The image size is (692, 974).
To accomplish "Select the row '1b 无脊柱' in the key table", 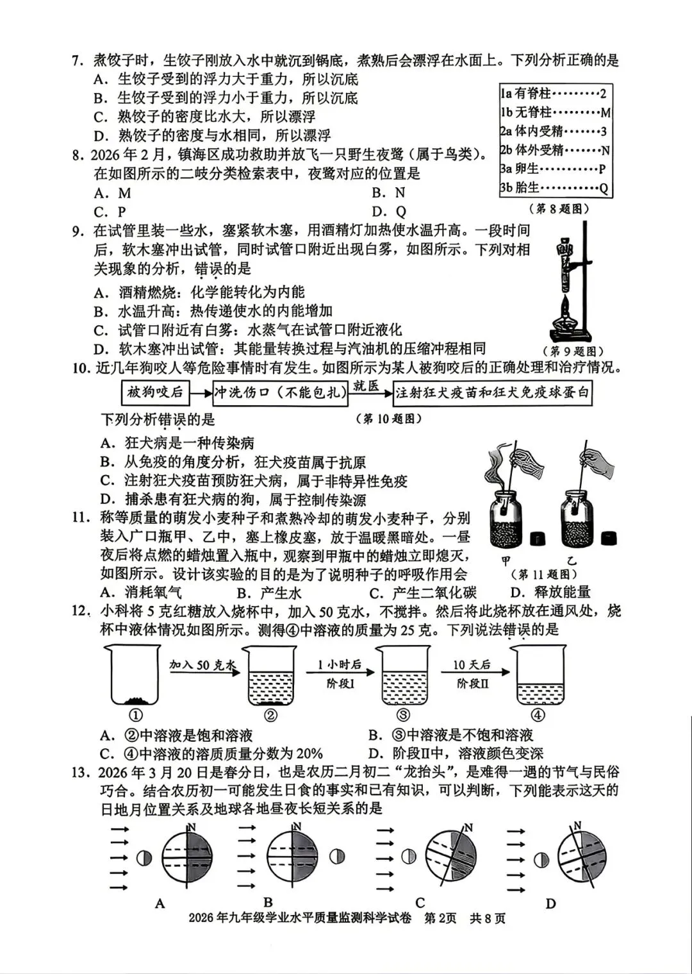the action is point(555,113).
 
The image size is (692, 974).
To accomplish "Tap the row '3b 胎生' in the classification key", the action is point(555,188).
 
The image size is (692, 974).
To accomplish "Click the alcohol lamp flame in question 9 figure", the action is point(566,302).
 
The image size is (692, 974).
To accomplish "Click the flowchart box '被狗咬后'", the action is point(155,392).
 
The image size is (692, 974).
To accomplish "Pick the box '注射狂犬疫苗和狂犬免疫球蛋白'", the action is point(491,392).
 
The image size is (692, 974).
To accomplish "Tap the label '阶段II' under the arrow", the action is point(472,684).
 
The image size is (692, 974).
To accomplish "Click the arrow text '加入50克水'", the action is point(202,665).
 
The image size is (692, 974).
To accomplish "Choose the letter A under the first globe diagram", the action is point(160,903).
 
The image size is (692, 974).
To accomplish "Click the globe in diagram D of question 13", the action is point(582,858).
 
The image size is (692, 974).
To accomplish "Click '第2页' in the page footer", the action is point(440,918).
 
